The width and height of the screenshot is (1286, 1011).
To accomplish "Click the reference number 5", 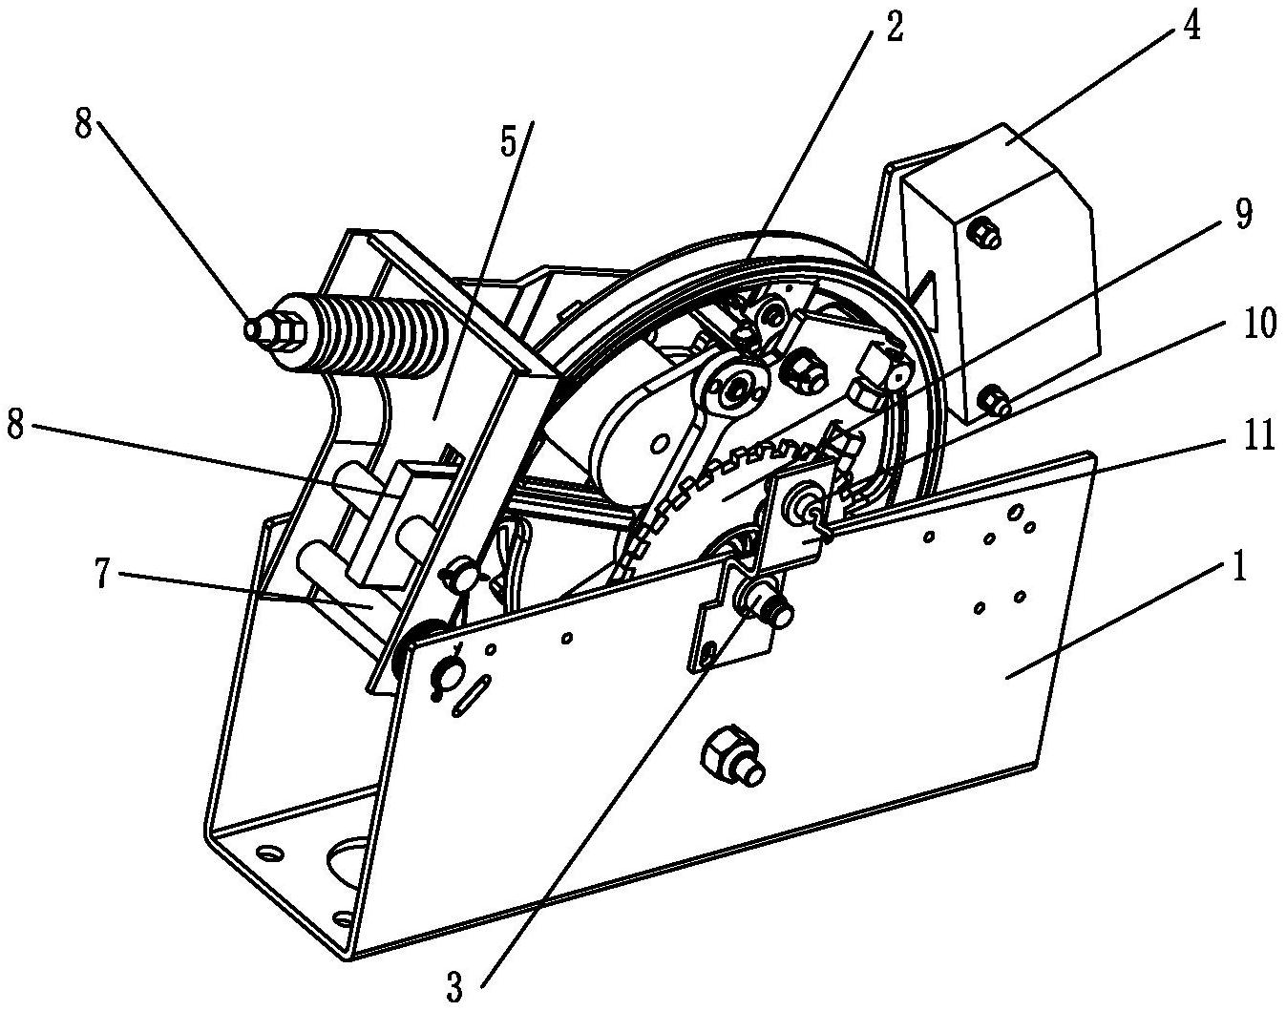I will click(x=507, y=142).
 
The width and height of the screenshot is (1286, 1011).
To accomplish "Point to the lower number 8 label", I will click(x=18, y=426).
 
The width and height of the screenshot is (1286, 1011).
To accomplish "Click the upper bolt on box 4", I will click(x=986, y=232).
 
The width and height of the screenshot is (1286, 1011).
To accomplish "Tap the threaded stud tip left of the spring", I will click(x=253, y=327).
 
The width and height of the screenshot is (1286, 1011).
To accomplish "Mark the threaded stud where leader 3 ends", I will click(x=769, y=606).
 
